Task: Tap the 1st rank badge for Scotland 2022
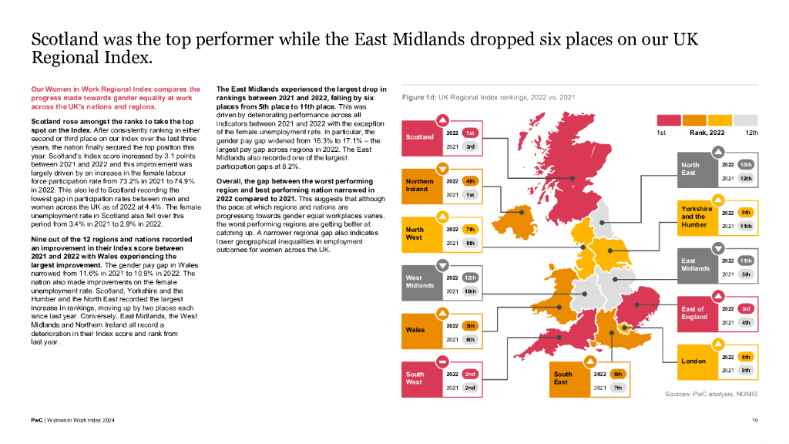(x=470, y=133)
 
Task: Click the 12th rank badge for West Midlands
(x=470, y=277)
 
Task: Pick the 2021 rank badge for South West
(x=470, y=388)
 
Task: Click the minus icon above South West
(x=442, y=362)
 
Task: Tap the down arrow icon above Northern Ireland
(x=442, y=168)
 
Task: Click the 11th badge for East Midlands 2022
(x=746, y=261)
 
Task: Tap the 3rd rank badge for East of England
(x=746, y=309)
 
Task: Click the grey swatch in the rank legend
(x=745, y=120)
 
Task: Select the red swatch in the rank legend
(x=669, y=120)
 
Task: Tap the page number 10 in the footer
(x=755, y=420)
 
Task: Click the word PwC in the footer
(x=37, y=420)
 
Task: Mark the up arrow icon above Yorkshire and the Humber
(x=718, y=200)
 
